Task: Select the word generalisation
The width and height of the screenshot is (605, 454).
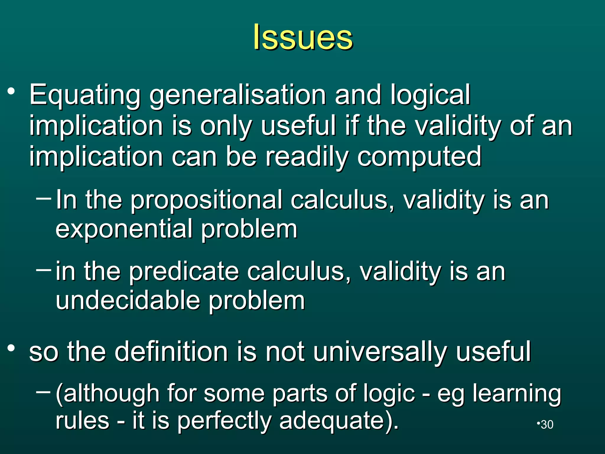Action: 238,95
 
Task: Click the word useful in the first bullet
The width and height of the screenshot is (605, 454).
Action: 298,126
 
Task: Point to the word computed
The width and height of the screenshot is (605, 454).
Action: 419,157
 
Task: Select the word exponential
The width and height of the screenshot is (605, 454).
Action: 124,229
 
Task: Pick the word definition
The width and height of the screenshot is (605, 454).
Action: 171,351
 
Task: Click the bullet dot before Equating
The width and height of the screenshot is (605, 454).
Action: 11,92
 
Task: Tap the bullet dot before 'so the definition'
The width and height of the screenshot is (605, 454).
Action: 11,348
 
